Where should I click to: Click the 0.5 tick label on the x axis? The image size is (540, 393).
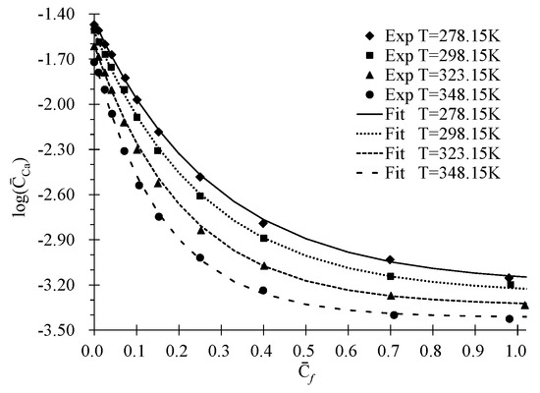(x=305, y=349)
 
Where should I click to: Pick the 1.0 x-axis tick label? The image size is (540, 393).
(x=517, y=349)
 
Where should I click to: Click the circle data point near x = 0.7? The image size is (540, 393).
(x=394, y=314)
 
